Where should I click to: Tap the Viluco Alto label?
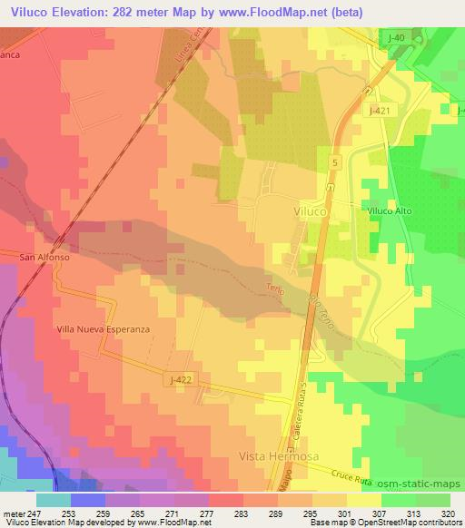[x=391, y=210]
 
